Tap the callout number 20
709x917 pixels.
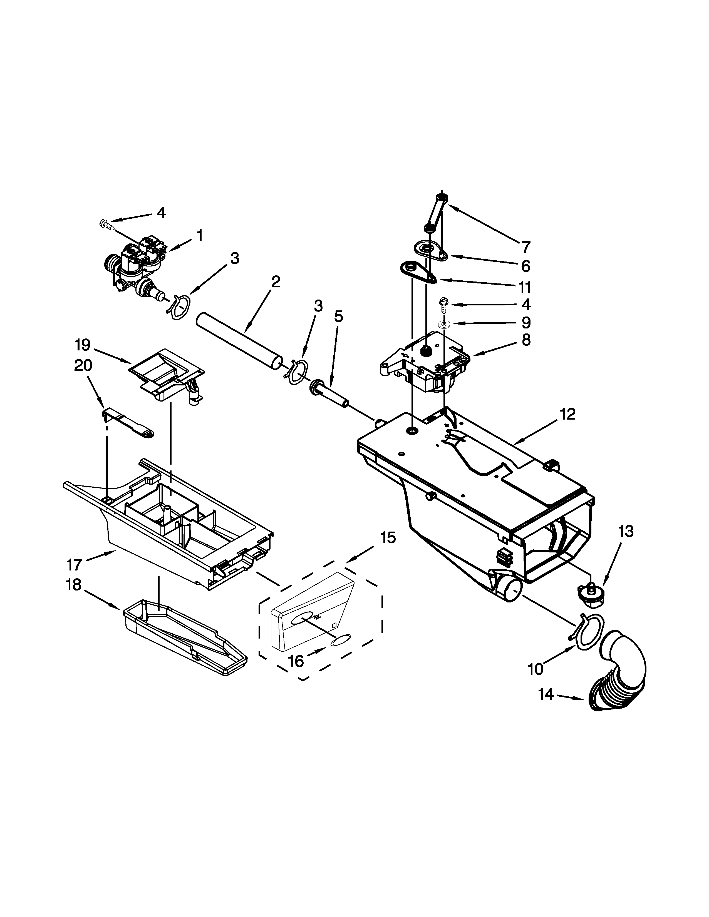[83, 365]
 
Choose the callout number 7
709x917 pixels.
[525, 247]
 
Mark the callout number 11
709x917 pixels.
[525, 287]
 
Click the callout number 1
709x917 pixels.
[200, 236]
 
